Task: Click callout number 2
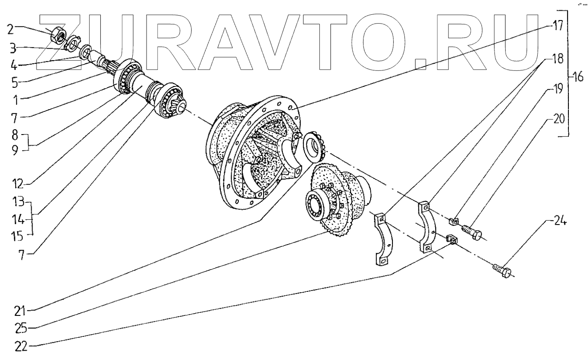pos(10,30)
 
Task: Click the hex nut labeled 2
pos(57,33)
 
